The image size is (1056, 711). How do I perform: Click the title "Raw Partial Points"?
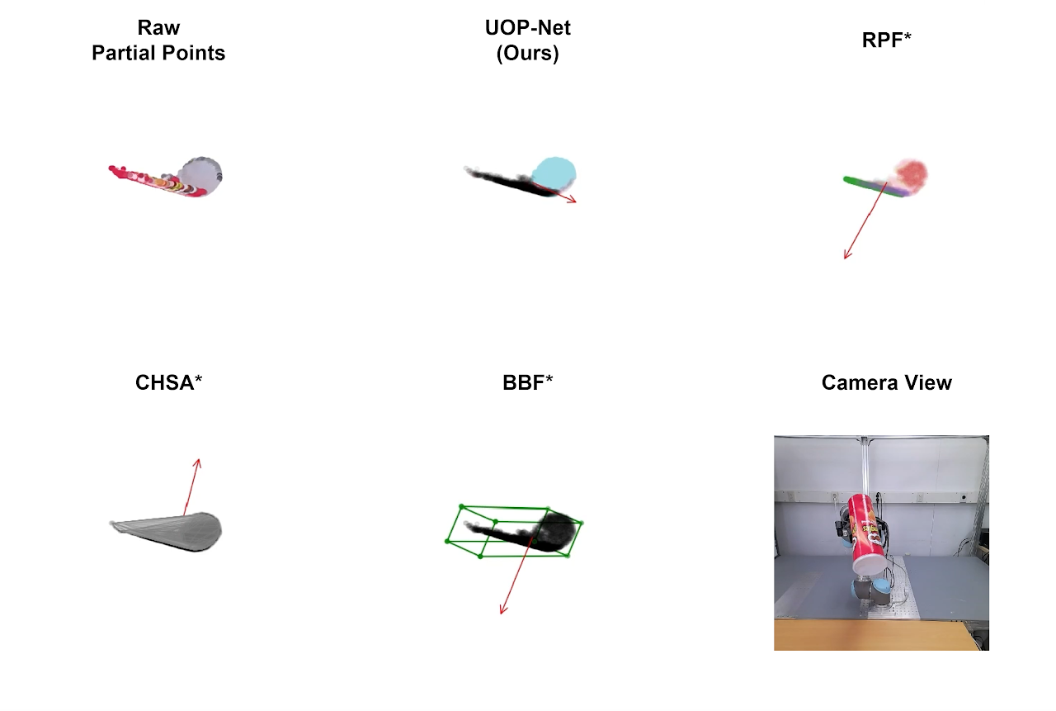pos(158,40)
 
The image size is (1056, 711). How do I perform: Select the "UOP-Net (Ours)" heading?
pos(528,40)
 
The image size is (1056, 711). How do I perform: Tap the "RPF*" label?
pos(886,40)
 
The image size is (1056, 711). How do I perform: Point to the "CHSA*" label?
pos(169,382)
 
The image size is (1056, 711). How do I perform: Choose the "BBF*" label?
pos(528,382)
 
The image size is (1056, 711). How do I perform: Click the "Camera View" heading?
pos(886,382)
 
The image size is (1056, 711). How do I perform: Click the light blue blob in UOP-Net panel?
pos(554,173)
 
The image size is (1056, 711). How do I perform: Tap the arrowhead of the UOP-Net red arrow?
pos(573,201)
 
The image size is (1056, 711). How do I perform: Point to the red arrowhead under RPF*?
pos(846,256)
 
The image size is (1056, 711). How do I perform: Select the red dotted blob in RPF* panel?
pos(911,174)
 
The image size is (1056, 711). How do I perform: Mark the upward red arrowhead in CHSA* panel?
pos(198,462)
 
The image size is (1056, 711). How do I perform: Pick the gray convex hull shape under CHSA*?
pos(177,531)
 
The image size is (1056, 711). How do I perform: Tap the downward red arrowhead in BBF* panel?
pos(502,611)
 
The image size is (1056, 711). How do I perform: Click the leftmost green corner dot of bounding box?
pos(447,541)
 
